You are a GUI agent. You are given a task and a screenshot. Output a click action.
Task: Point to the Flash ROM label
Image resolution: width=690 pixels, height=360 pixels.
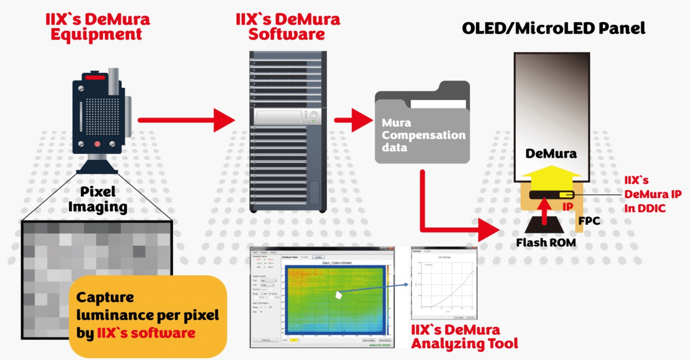[x=546, y=243]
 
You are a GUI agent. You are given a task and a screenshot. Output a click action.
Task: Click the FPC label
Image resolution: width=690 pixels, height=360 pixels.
[x=589, y=221]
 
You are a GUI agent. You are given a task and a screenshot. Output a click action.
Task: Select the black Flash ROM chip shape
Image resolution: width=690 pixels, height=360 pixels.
[x=544, y=225]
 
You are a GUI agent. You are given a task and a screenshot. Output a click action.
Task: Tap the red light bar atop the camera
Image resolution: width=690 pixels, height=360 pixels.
[x=95, y=78]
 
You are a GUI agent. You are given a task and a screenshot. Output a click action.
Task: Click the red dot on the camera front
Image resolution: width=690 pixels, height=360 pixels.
[x=97, y=144]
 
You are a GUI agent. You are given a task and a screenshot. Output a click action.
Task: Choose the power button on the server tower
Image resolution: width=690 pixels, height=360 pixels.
[x=313, y=115]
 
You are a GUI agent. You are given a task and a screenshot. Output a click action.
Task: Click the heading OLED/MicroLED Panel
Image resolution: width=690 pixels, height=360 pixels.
[x=553, y=28]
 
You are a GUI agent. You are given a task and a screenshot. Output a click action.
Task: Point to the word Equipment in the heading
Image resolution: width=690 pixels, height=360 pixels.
[x=97, y=34]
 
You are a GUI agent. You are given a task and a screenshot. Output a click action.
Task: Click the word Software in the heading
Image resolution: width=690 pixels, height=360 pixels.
[x=287, y=34]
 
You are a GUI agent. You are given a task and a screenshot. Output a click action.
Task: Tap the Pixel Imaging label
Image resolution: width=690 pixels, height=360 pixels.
[x=98, y=199]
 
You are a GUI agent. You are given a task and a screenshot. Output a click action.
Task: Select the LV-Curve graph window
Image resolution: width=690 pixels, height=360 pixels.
[x=444, y=283]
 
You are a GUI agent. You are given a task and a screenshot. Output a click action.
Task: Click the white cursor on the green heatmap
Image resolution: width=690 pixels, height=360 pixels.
[x=338, y=295]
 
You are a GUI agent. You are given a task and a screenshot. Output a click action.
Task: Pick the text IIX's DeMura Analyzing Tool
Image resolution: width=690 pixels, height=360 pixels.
[x=464, y=337]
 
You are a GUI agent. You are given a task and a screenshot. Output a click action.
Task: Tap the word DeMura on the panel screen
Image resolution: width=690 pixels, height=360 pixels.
[x=551, y=154]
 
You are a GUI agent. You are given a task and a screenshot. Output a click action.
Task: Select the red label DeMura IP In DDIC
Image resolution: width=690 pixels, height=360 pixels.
[x=652, y=194]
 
